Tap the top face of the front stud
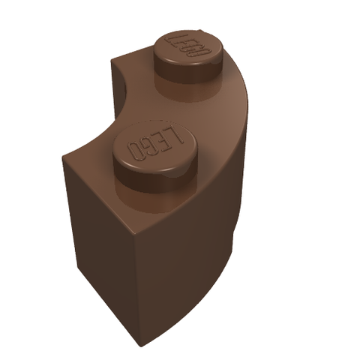(x=154, y=148)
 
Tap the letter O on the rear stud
(x=202, y=52)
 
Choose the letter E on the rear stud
(x=182, y=44)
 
